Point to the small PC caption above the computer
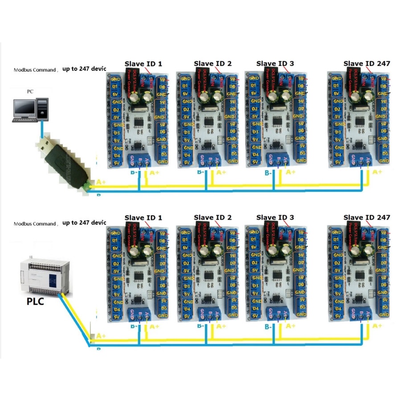(x=30, y=91)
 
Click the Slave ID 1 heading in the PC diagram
(x=143, y=64)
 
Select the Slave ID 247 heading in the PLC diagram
(x=367, y=217)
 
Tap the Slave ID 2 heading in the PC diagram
(x=213, y=64)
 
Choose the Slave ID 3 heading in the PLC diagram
(x=275, y=217)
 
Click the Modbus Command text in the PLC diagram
(x=35, y=224)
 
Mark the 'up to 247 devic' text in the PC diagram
(x=84, y=70)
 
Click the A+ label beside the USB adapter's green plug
(x=101, y=182)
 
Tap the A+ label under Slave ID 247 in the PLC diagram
(x=377, y=326)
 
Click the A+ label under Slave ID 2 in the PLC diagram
(x=221, y=326)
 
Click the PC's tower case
(x=41, y=108)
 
